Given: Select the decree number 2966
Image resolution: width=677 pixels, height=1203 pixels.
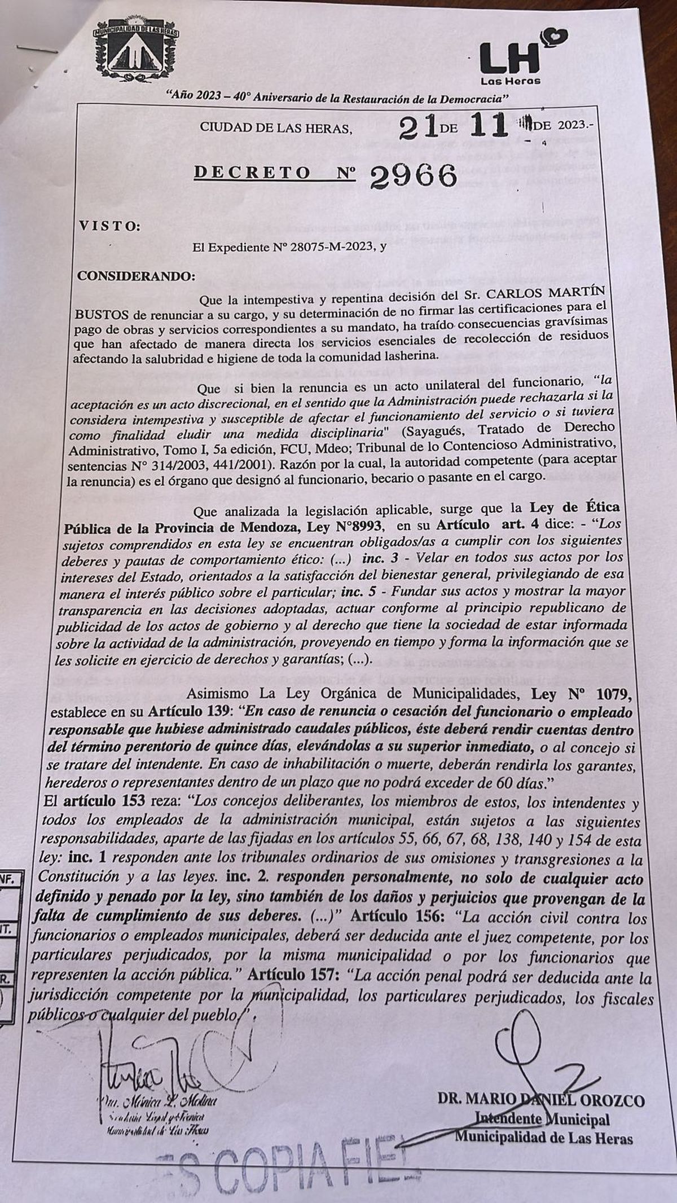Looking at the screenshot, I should coord(413,177).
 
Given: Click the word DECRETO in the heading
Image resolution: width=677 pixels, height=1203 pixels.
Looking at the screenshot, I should coord(252,173).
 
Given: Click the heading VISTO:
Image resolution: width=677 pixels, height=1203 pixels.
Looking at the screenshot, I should coord(109,227).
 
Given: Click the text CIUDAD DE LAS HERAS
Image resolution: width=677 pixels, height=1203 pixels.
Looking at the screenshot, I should coord(275,129).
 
